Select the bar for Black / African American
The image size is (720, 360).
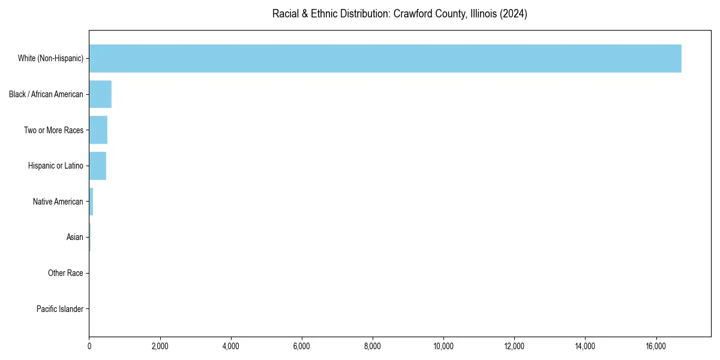click(100, 94)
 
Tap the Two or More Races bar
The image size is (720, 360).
click(98, 130)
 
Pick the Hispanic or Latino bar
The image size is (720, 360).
click(98, 166)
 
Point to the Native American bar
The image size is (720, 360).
click(91, 202)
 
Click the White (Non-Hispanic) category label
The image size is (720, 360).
click(50, 58)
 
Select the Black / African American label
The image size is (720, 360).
click(46, 94)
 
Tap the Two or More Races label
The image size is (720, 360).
click(53, 130)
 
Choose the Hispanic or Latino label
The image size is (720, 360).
click(55, 166)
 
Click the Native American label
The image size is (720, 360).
click(58, 202)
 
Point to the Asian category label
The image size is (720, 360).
click(74, 238)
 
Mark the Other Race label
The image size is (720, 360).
click(65, 274)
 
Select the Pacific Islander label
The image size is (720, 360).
click(60, 309)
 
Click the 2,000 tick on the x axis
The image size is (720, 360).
click(160, 346)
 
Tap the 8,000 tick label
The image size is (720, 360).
click(373, 346)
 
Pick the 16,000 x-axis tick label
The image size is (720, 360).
click(656, 346)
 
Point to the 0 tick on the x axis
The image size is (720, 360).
click(89, 346)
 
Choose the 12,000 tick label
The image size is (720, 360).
click(515, 346)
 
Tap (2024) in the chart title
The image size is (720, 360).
click(515, 14)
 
